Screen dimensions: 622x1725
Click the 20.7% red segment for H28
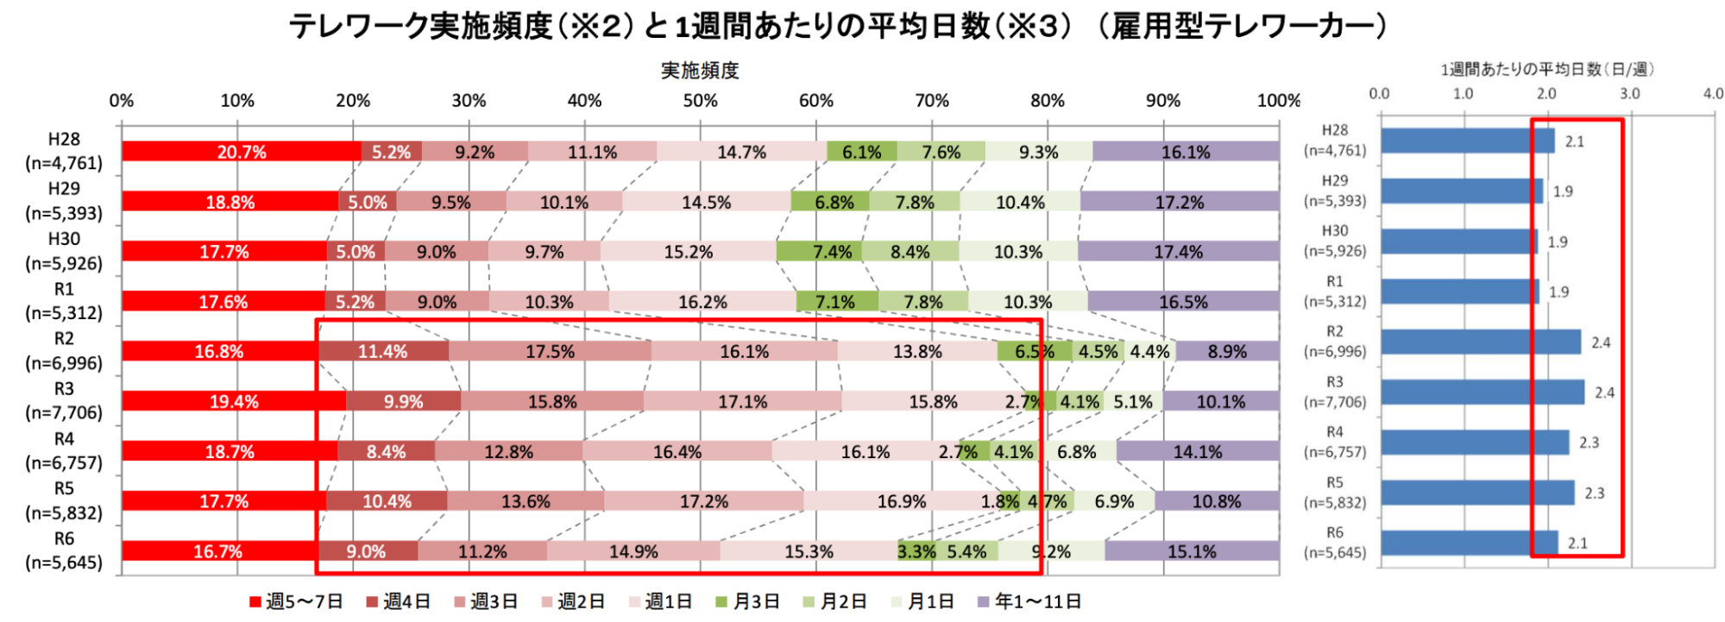[242, 152]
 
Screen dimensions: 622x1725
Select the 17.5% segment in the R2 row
[550, 351]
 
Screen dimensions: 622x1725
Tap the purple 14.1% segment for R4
[1198, 451]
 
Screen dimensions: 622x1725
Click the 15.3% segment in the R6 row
[809, 551]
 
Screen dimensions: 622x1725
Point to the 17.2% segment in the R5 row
[703, 501]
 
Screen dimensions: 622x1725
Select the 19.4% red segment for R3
[233, 401]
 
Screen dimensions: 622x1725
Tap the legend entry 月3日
[748, 601]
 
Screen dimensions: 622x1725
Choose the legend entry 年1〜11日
[1029, 601]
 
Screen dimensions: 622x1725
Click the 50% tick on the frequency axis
[700, 101]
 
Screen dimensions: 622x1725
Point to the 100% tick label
[1278, 101]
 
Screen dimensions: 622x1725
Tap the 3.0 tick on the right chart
[1629, 93]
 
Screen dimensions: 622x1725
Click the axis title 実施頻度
[700, 71]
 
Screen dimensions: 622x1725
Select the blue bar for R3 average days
[1482, 393]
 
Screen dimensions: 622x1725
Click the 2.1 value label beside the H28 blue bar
[1575, 141]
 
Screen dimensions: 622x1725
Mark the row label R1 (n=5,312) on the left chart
[64, 301]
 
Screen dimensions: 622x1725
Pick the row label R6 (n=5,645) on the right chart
[1335, 543]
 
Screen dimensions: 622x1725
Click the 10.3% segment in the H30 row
[1018, 252]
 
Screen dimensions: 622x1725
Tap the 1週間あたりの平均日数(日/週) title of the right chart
[1546, 69]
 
